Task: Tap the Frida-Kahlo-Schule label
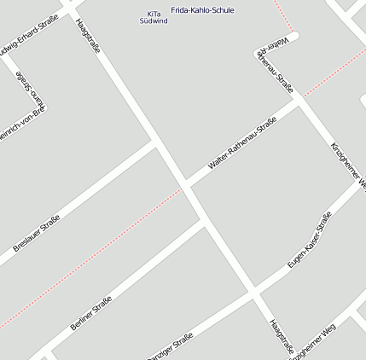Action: coord(202,10)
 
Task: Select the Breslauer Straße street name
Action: coord(37,233)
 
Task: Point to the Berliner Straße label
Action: coord(91,312)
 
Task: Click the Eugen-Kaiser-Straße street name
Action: coord(309,241)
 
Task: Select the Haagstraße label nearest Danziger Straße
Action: coord(281,337)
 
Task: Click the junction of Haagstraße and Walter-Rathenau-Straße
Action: coord(184,184)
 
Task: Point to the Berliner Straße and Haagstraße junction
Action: coord(204,226)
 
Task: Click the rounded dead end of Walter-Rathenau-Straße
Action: coord(293,36)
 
